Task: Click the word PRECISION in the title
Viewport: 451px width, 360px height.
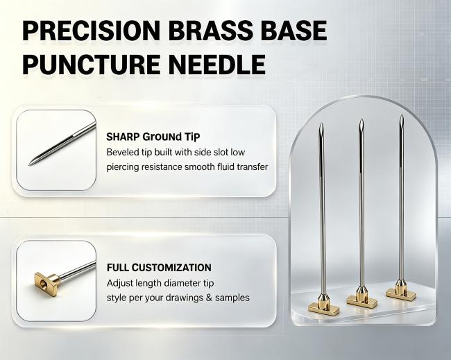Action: (x=91, y=31)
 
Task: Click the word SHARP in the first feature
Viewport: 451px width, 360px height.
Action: (x=123, y=137)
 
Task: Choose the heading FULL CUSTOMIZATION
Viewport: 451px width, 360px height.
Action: (x=159, y=268)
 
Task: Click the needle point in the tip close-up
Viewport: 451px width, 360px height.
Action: (x=29, y=164)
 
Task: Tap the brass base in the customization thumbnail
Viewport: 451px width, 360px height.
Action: (x=46, y=281)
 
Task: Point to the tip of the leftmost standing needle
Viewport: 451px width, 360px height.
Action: (x=321, y=123)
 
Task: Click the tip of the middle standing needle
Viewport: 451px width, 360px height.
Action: (x=361, y=119)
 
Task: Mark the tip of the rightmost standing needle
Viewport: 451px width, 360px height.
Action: (x=402, y=115)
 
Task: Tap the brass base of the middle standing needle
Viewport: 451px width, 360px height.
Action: (x=361, y=298)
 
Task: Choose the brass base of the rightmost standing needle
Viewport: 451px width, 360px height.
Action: (x=401, y=290)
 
